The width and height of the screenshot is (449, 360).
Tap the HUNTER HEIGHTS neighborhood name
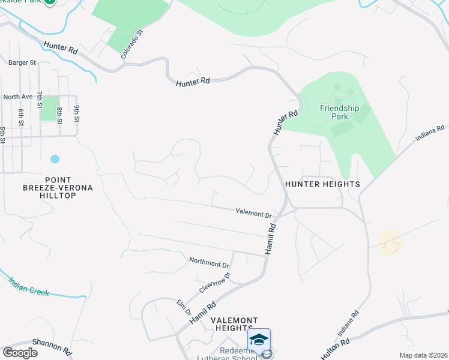point(322,184)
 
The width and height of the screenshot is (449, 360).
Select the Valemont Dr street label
point(254,212)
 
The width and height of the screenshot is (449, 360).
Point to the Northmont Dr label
point(209,263)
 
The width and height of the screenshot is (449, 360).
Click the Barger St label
point(22,62)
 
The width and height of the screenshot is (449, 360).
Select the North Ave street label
point(17,97)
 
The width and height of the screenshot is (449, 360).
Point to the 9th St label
point(77,112)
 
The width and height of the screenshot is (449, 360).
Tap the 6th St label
point(20,117)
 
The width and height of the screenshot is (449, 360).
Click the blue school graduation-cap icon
point(259,340)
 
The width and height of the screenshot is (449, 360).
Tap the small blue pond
point(55,159)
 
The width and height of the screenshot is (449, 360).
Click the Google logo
point(20,353)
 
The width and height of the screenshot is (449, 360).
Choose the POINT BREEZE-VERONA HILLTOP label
point(67,184)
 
